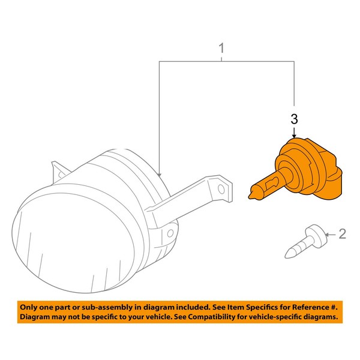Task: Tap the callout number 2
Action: coord(343,233)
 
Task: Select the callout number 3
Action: coord(294,119)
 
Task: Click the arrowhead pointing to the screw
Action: coord(326,234)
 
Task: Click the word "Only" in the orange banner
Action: coord(30,306)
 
